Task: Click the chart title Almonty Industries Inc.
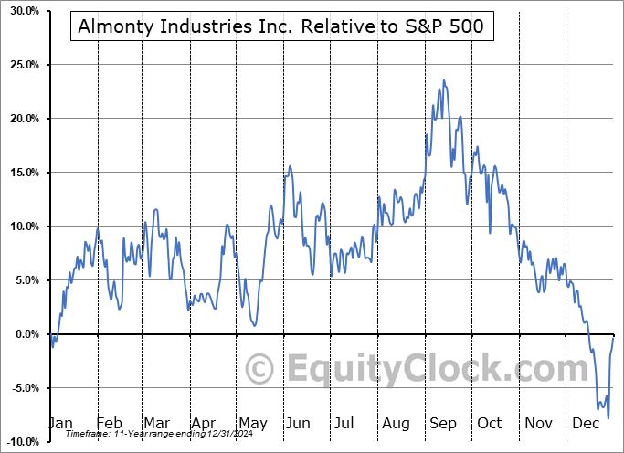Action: click(281, 28)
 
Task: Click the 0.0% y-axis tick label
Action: click(23, 334)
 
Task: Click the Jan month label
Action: click(60, 424)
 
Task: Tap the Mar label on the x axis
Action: click(155, 424)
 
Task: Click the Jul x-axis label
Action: click(345, 424)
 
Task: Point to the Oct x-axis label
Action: click(490, 424)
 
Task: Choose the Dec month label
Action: click(585, 424)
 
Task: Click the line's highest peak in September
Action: click(444, 80)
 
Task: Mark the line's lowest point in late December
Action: click(608, 417)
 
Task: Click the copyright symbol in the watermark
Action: click(262, 370)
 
